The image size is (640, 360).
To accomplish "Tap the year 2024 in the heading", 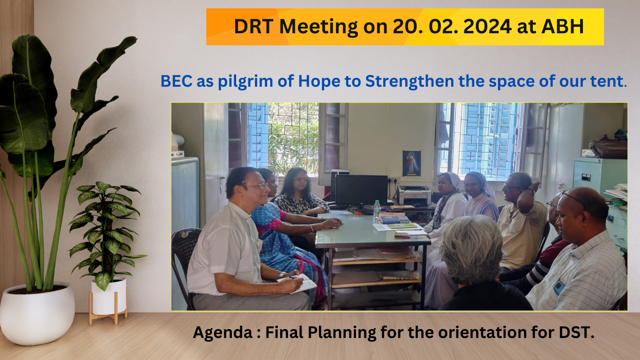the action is [487, 27].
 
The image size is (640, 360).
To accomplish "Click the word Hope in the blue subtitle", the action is [319, 82].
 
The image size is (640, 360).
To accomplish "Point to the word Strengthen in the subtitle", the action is [409, 81].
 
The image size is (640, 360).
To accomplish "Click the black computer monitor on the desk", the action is [361, 190].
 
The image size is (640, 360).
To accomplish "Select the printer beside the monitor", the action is [414, 195].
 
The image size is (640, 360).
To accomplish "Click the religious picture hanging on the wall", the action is [411, 163].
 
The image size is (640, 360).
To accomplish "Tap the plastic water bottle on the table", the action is [377, 209].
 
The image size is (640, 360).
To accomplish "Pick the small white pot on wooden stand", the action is [109, 297].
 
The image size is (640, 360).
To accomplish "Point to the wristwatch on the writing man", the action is [281, 275].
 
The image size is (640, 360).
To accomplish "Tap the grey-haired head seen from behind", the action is [471, 249].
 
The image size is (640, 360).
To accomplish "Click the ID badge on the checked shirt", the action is [559, 287].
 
